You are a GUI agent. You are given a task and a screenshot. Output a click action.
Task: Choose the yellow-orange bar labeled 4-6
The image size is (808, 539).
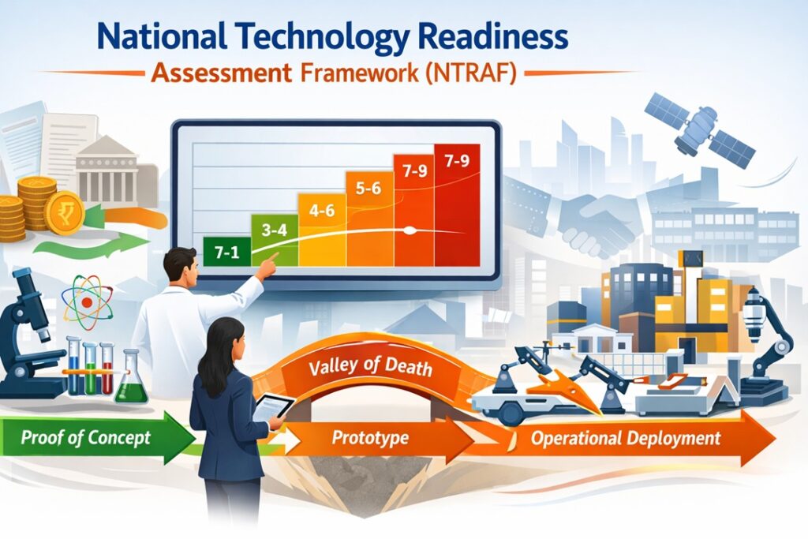(322, 230)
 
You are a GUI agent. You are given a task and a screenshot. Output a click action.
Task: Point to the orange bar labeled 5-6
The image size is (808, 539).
(370, 219)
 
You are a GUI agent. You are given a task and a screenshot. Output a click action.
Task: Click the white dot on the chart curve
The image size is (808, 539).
(410, 231)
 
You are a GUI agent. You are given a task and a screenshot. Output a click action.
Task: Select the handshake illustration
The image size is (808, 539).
(598, 222)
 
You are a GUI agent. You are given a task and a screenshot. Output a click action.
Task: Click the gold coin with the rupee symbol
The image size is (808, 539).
(65, 211)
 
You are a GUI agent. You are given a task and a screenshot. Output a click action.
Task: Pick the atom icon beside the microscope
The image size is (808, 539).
(87, 301)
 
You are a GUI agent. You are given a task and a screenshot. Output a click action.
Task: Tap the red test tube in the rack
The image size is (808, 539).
(107, 368)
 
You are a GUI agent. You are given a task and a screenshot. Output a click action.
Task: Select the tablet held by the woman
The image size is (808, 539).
(271, 407)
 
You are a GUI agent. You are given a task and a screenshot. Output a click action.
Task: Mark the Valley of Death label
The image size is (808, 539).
(371, 366)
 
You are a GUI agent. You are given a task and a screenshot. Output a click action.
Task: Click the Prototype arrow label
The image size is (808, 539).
(370, 438)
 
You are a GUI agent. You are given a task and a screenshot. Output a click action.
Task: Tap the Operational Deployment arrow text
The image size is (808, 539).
(626, 439)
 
